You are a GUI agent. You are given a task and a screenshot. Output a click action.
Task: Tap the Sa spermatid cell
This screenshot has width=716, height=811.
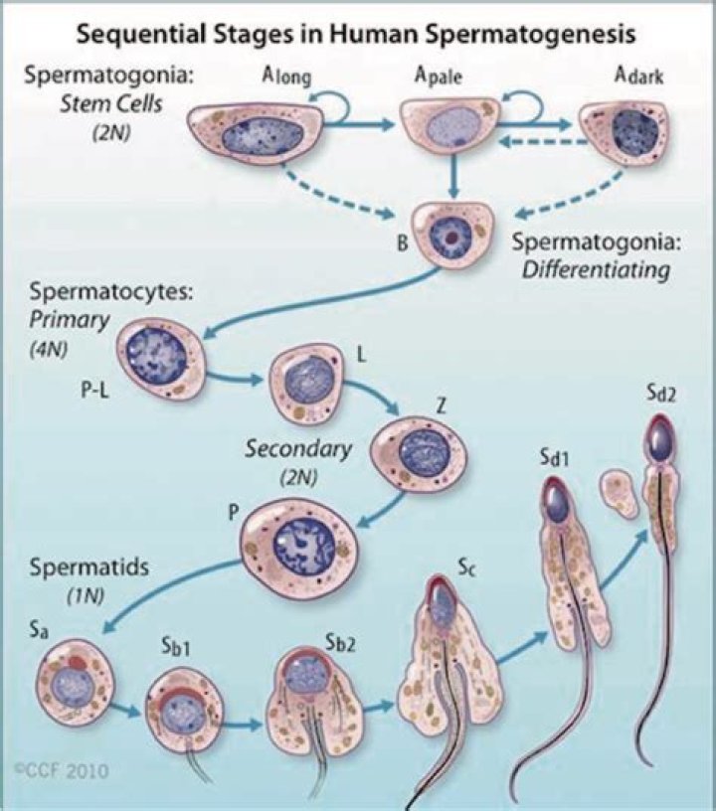[x=74, y=682]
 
